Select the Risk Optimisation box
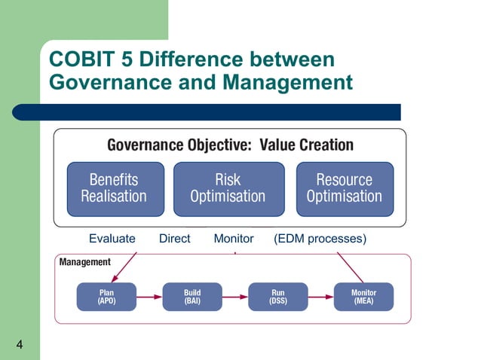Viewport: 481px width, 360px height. [x=228, y=188]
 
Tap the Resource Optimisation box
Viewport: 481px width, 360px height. [x=344, y=188]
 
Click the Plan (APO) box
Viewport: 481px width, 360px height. [x=106, y=297]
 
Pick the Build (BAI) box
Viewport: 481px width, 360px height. [x=192, y=297]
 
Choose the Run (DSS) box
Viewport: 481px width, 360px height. [x=277, y=297]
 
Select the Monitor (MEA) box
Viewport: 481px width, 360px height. [x=363, y=297]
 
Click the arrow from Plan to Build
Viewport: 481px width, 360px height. [x=149, y=297]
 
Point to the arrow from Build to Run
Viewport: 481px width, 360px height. [x=235, y=297]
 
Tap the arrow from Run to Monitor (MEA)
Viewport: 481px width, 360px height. [x=320, y=297]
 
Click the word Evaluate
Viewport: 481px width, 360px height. [x=112, y=239]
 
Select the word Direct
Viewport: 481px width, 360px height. [x=174, y=239]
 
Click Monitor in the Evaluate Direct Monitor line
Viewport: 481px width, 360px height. [x=234, y=239]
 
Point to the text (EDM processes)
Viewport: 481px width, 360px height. [x=320, y=239]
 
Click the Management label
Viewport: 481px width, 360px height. [x=85, y=262]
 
